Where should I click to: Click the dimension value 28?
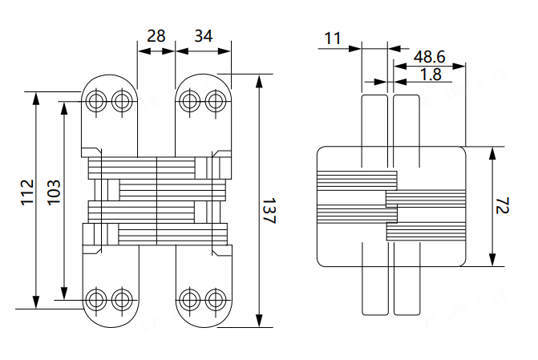point(156,35)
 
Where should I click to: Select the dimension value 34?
point(203,35)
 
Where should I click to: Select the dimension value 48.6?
point(431,56)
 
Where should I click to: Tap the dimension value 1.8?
point(431,74)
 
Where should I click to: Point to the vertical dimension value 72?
point(503,208)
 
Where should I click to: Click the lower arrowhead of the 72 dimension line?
point(492,262)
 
